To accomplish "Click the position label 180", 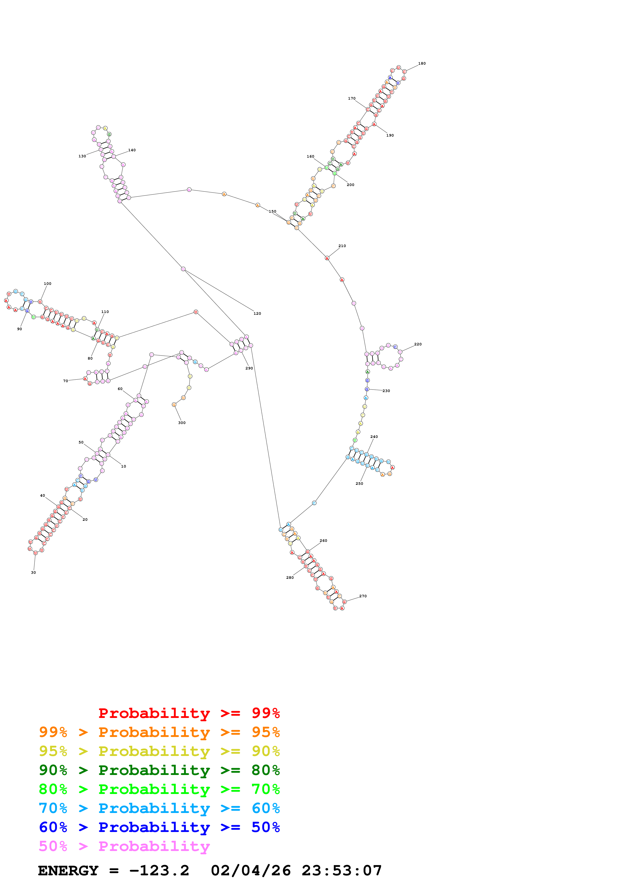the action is point(422,64).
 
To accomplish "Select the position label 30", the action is point(33,572).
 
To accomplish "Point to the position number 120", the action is point(257,314).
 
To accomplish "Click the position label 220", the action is point(418,344).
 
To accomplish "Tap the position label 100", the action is point(48,284).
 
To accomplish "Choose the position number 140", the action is point(132,150).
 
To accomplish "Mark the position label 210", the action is point(342,246).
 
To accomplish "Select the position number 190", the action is point(390,136).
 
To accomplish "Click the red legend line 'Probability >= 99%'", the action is point(189,713).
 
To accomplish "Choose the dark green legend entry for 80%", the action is point(159,770).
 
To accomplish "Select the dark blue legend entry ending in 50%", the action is point(159,827).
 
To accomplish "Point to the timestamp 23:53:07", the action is point(342,871).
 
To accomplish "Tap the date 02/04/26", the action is point(251,871).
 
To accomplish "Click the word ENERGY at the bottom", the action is point(68,871).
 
